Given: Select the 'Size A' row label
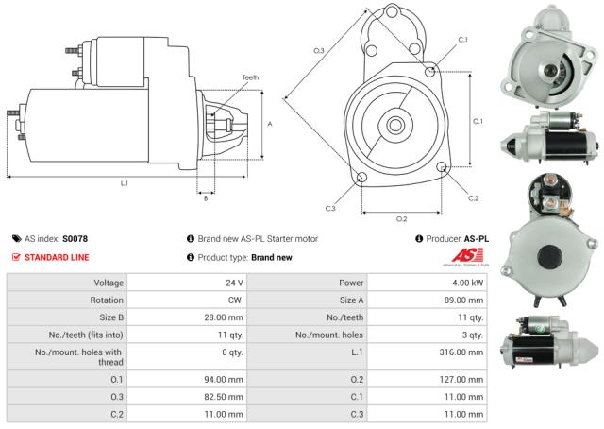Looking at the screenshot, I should (340, 300).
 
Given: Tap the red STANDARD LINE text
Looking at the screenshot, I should (56, 257).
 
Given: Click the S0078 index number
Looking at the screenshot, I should (75, 239).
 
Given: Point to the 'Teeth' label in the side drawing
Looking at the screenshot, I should (249, 77).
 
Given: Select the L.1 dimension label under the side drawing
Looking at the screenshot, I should (124, 183).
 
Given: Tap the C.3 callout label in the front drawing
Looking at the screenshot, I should (330, 208).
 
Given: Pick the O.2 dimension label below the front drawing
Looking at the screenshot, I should (401, 218).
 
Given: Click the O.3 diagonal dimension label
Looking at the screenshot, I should (319, 50).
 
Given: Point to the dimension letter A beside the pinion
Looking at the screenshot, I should (270, 124).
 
